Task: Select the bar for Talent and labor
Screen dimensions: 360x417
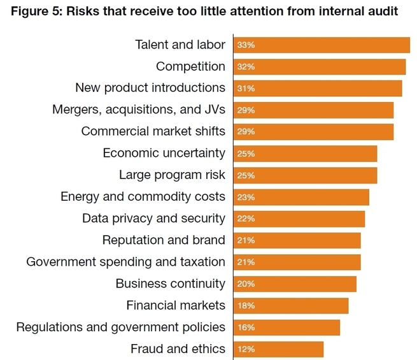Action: point(322,45)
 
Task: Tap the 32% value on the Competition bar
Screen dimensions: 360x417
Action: point(246,67)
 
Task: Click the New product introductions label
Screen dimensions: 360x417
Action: point(150,87)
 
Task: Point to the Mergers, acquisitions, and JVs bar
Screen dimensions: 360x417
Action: point(314,110)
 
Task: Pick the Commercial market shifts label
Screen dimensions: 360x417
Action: point(153,131)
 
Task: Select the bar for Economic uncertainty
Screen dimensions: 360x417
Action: point(306,154)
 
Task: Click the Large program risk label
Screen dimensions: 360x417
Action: point(172,175)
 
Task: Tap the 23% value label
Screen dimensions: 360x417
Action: point(246,197)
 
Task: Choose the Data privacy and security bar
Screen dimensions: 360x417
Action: point(299,219)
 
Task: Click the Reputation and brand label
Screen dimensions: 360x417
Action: point(164,240)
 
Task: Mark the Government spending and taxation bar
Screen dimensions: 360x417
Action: point(297,262)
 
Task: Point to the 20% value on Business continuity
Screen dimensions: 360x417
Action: point(246,284)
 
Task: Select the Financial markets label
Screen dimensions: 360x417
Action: point(176,305)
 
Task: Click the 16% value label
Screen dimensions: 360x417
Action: point(246,328)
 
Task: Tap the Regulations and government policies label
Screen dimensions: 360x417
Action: point(121,327)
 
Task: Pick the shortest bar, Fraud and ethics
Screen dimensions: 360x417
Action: point(279,349)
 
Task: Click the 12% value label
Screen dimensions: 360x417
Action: point(246,349)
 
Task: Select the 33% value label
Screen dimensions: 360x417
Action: point(246,45)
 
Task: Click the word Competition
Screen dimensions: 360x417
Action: point(190,66)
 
